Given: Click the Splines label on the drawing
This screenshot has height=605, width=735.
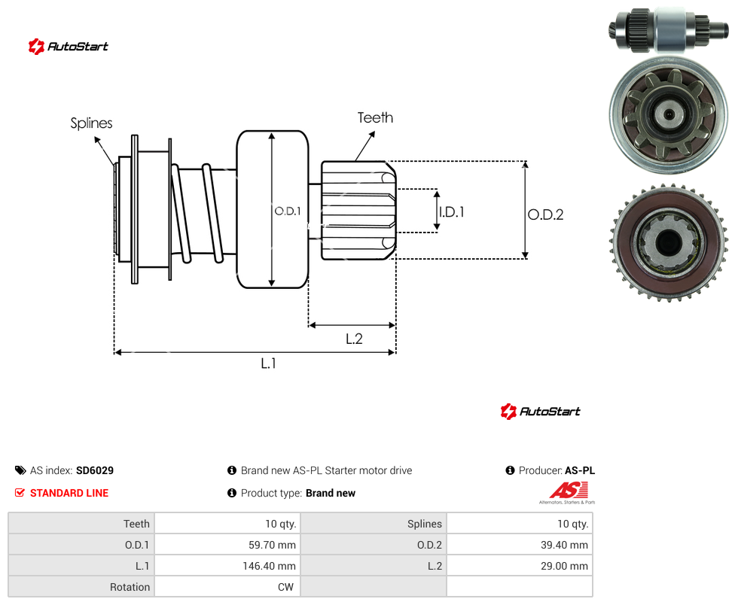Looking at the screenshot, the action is pos(91,123).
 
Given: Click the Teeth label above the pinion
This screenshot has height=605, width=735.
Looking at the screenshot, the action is pos(375,117).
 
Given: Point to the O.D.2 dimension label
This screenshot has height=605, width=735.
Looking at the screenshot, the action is pos(545,214).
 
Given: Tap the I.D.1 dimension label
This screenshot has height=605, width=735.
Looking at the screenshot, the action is pos(452,212).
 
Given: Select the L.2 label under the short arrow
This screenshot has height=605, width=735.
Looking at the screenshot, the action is pos(354,339).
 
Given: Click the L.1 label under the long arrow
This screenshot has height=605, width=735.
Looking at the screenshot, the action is pos(268,363).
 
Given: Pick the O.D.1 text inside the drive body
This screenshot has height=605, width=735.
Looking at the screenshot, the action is pos(288,211).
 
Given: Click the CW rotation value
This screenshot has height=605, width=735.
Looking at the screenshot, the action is pos(285,587).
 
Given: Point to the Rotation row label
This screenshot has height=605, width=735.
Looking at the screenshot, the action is pos(130,587).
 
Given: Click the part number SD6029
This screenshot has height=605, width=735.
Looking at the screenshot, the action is pos(95,470).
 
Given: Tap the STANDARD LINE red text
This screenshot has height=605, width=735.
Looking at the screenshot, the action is pos(69,493).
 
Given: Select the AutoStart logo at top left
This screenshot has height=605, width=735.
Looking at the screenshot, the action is pos(69,47).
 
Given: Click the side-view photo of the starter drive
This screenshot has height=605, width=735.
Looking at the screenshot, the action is pos(669,29).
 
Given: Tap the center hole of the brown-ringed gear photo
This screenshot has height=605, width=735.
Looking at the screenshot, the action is pos(669,242).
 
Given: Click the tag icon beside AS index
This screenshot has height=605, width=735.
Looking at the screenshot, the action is pos(20,470).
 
